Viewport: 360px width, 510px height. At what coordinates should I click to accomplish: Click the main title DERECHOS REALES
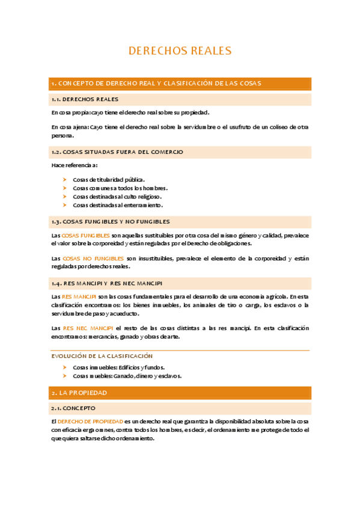tap(180, 51)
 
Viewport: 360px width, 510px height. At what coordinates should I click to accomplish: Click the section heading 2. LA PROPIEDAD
tap(79, 393)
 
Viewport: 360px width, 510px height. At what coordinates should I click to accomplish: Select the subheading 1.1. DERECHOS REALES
tap(85, 99)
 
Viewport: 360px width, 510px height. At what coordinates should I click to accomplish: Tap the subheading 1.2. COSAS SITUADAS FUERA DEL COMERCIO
tap(117, 152)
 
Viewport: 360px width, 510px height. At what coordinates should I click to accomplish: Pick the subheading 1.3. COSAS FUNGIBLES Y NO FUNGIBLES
tap(111, 221)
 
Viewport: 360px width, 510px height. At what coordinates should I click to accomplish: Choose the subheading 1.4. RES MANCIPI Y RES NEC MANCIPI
tap(107, 283)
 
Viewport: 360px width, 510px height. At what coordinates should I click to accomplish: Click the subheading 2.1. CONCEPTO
tap(73, 408)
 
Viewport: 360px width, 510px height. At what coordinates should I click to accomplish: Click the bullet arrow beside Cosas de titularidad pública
tap(64, 179)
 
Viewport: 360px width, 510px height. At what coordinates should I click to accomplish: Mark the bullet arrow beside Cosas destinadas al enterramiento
tap(64, 205)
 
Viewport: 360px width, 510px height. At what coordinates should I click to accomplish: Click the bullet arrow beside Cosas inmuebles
tap(64, 367)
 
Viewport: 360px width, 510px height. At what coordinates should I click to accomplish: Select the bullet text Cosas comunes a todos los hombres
tap(120, 188)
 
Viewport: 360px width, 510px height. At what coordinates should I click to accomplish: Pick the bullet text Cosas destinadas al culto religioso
tap(117, 197)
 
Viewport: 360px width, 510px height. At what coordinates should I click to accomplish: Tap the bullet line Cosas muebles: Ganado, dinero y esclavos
tap(127, 376)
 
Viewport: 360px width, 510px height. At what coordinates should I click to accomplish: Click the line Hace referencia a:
tap(75, 165)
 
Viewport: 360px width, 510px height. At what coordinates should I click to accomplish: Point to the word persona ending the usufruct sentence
tap(63, 135)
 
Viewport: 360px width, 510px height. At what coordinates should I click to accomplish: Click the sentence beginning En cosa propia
tap(130, 112)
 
